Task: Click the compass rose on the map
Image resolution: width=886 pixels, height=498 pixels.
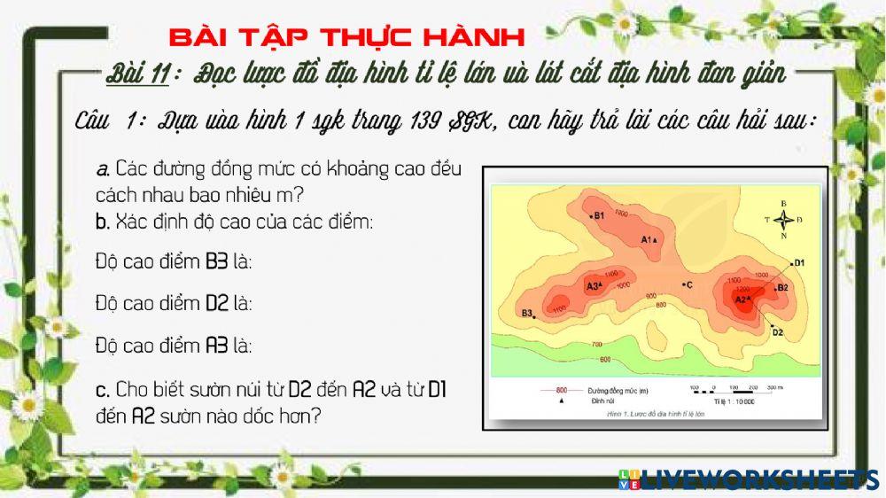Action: (783, 219)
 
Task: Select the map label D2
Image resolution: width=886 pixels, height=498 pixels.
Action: (777, 332)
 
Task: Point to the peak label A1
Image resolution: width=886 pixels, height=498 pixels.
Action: (646, 239)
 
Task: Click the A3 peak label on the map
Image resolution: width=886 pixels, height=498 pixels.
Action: (592, 286)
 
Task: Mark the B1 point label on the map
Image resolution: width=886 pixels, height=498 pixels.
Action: (598, 215)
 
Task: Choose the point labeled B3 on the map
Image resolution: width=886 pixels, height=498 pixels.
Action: (527, 313)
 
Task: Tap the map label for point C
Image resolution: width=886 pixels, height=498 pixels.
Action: (688, 284)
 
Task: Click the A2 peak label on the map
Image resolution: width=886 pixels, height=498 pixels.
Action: (742, 300)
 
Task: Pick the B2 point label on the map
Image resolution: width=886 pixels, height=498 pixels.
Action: (782, 287)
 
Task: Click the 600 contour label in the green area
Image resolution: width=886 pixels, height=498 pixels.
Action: (605, 359)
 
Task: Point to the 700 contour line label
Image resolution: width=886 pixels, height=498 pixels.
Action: (596, 343)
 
